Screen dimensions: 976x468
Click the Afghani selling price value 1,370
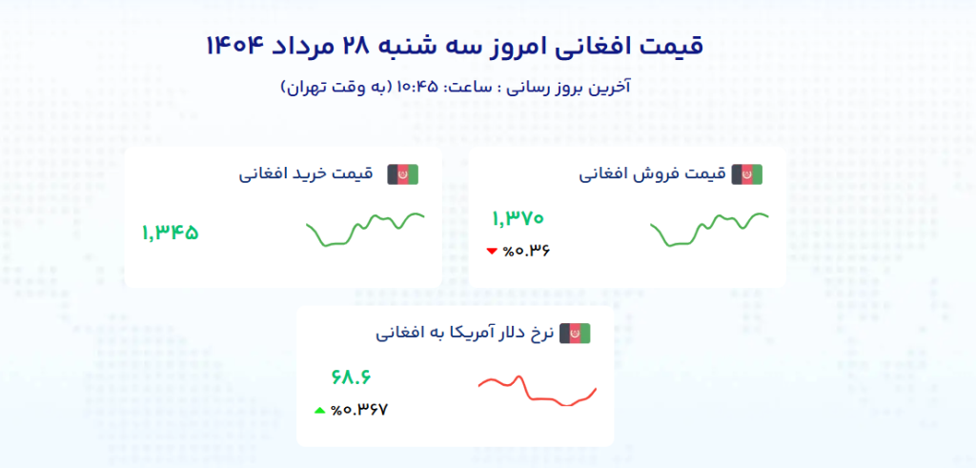(x=518, y=218)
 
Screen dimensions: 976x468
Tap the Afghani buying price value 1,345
(x=170, y=234)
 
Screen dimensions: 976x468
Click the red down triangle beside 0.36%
(x=492, y=252)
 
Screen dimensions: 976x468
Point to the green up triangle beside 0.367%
(x=319, y=410)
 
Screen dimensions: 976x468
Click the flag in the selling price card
(x=747, y=174)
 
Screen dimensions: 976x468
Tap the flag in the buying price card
(x=403, y=174)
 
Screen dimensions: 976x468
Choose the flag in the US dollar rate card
(x=575, y=335)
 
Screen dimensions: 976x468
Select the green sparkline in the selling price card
(x=708, y=229)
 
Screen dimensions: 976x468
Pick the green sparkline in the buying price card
(x=364, y=229)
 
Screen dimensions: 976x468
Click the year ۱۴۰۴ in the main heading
(x=235, y=46)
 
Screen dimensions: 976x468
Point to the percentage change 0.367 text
(x=359, y=410)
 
